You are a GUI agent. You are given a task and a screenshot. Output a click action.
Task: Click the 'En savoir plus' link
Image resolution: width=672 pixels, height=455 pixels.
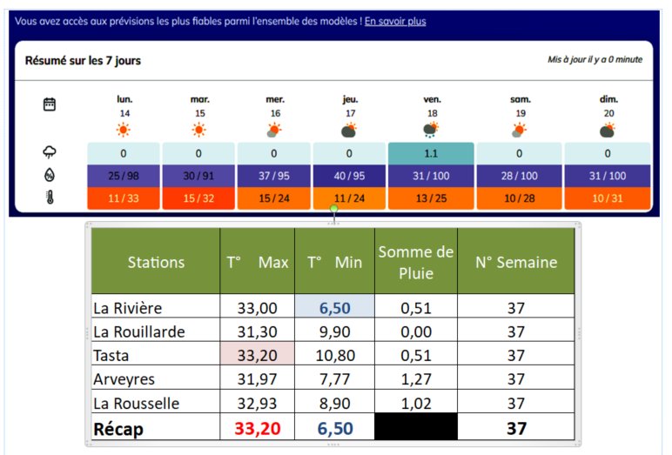(x=395, y=21)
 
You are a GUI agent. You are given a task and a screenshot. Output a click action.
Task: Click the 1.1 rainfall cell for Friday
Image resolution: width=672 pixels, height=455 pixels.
(x=431, y=153)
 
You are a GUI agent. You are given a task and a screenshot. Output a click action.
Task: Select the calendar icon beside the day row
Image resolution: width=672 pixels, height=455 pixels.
(x=50, y=104)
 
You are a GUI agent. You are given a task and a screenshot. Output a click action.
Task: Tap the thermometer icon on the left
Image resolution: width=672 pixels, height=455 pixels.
(x=50, y=197)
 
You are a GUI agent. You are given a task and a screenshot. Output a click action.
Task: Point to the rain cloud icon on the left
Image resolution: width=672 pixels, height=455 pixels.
(x=50, y=151)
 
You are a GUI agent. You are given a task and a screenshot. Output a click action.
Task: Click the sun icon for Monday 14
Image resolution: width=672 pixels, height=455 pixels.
(x=124, y=130)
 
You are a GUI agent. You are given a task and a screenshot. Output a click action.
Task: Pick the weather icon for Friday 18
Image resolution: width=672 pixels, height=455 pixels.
(x=431, y=130)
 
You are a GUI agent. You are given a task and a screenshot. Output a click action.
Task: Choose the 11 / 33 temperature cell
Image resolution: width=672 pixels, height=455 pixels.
(x=124, y=198)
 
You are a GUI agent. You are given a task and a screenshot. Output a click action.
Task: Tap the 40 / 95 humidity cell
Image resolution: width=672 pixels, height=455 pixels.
(x=349, y=176)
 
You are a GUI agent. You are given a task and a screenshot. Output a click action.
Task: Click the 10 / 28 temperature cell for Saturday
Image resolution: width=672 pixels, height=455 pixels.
(x=519, y=198)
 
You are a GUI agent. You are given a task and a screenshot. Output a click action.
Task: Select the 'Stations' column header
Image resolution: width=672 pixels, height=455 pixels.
(x=156, y=262)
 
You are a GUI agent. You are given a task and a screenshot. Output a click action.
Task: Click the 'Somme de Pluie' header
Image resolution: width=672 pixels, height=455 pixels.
(x=416, y=262)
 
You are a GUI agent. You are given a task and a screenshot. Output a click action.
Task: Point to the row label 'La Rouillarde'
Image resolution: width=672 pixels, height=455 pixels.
(x=139, y=331)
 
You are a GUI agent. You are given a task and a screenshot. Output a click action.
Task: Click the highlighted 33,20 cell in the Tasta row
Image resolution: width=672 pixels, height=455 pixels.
(x=257, y=355)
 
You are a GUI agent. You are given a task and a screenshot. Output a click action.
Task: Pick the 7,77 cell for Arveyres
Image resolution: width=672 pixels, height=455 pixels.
(x=335, y=378)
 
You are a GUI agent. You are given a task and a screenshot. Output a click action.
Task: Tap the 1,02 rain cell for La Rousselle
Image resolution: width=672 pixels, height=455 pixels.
(x=416, y=403)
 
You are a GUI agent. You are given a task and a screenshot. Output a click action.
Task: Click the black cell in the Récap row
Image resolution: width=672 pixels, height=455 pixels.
(x=416, y=426)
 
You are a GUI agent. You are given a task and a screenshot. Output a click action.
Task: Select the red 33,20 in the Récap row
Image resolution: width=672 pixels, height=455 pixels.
(x=257, y=428)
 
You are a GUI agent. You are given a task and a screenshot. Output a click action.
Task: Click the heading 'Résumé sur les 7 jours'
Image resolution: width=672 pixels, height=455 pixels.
(x=83, y=60)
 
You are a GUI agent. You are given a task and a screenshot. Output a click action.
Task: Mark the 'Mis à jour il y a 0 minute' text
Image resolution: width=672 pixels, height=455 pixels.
(x=595, y=59)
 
